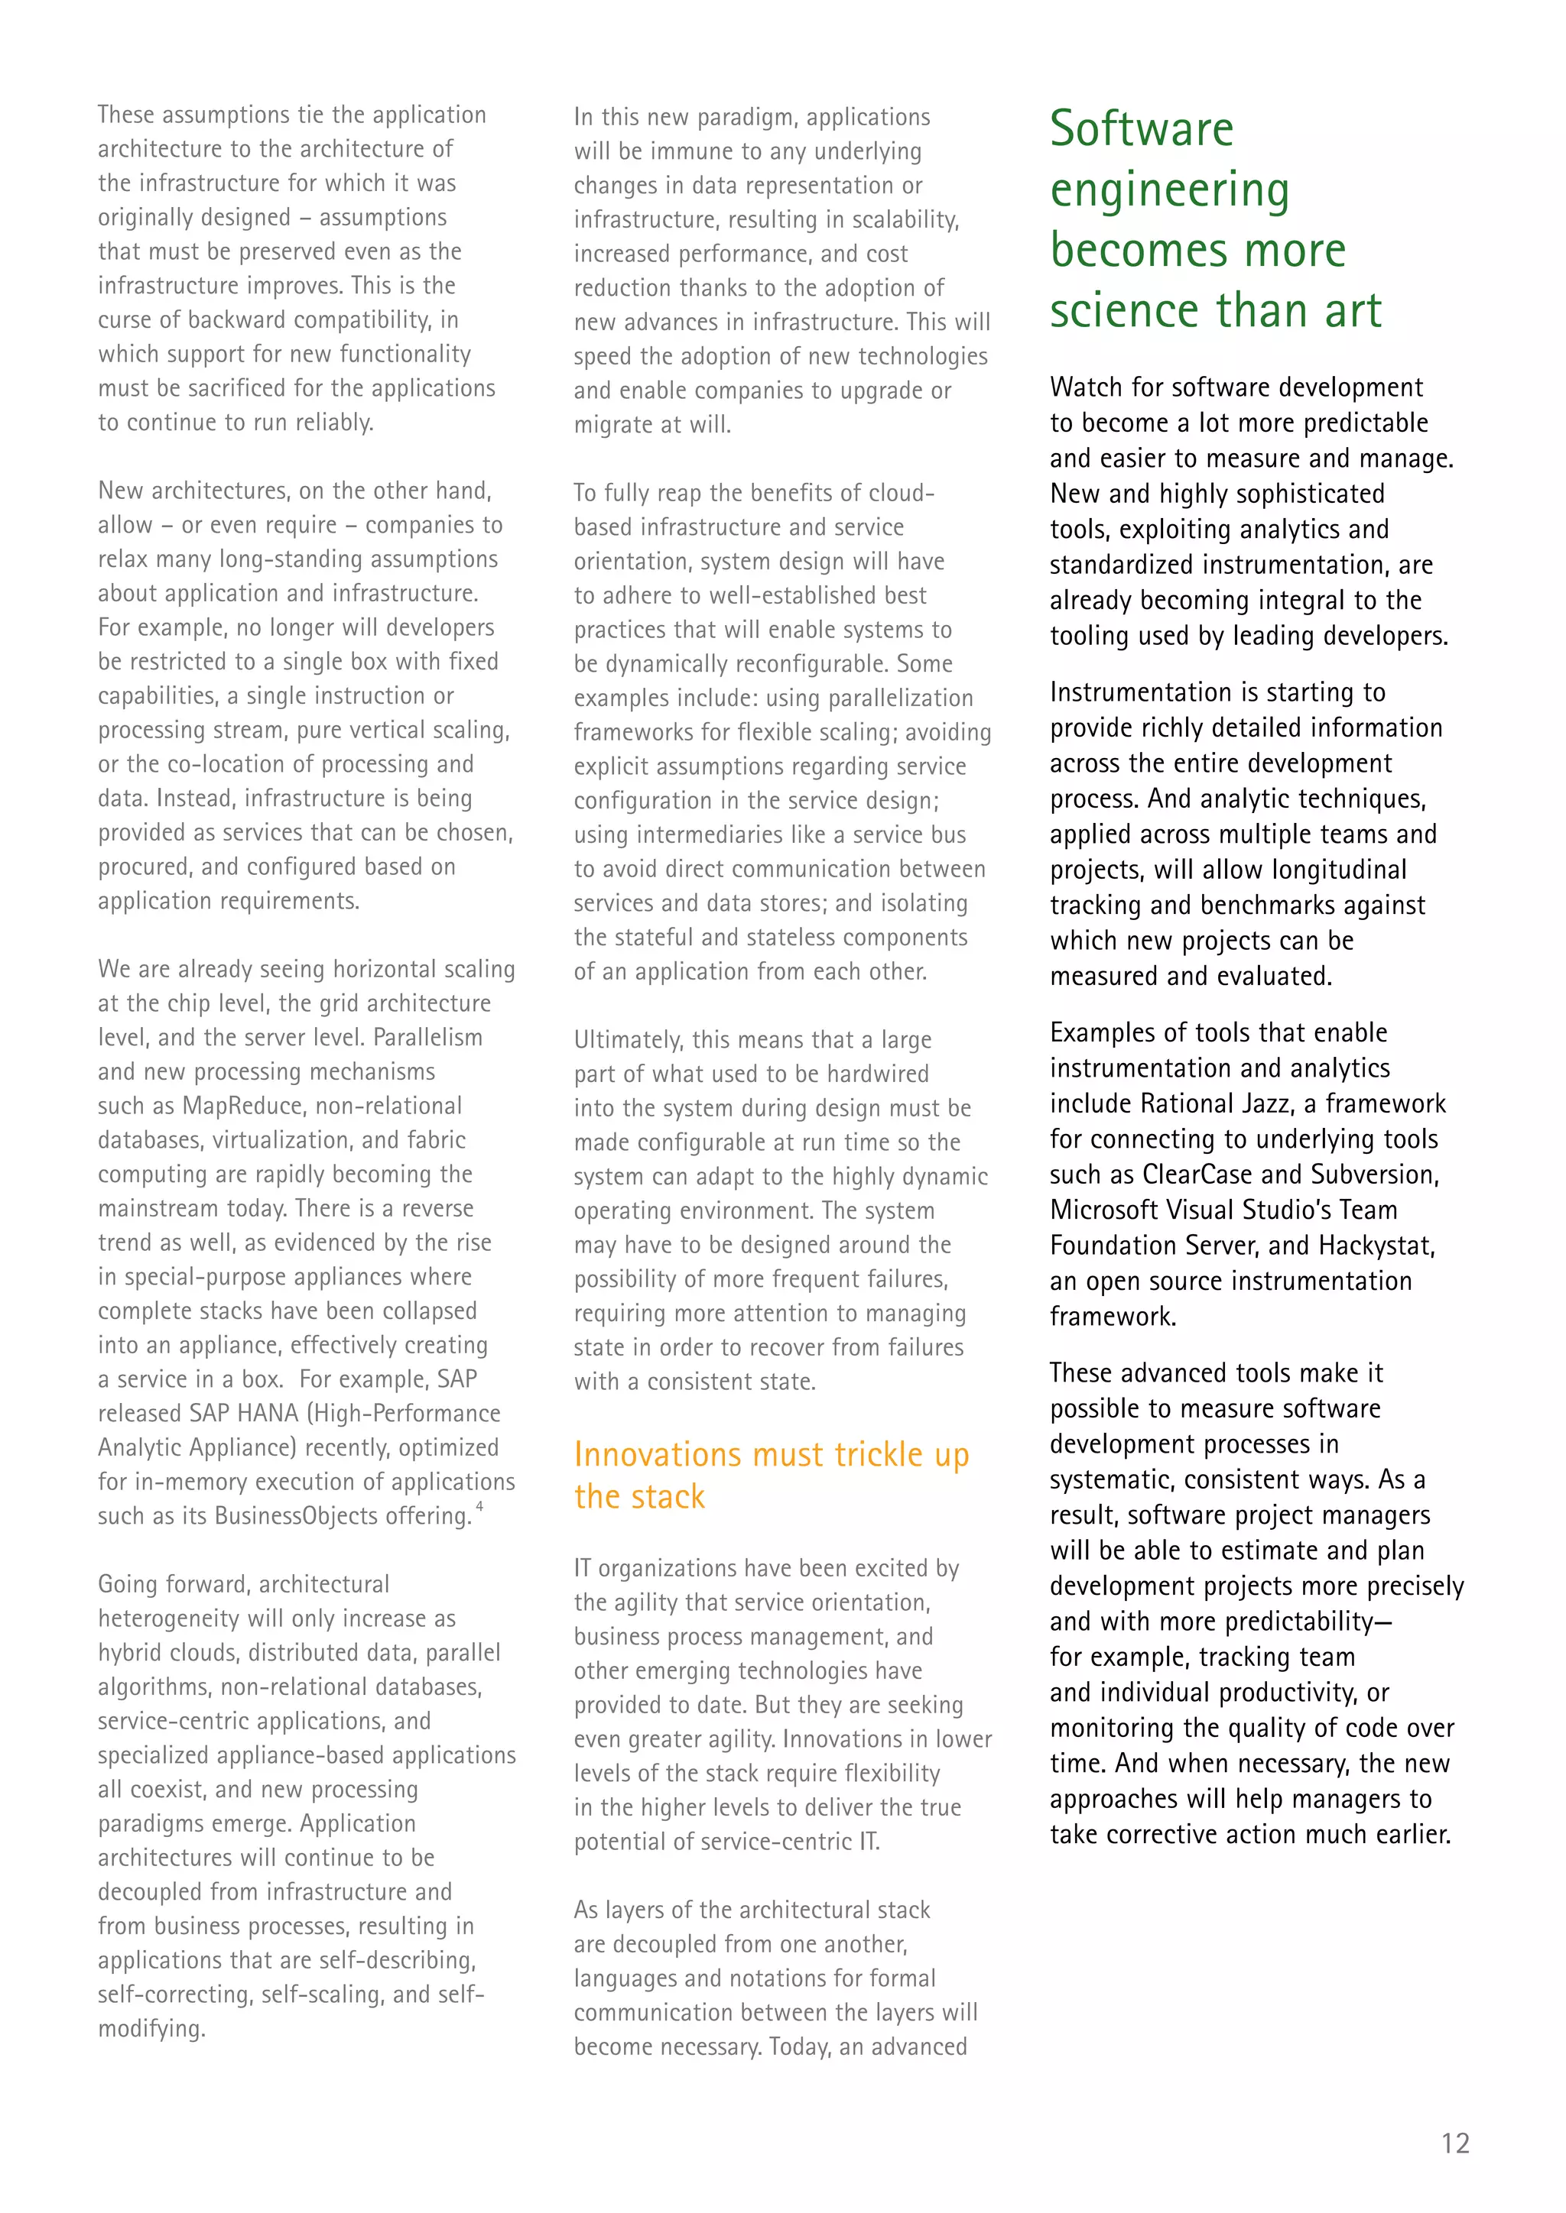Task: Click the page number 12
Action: (1454, 2143)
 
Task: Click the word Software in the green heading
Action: (1142, 129)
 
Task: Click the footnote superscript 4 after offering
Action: (479, 1505)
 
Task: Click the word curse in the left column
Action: (122, 320)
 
